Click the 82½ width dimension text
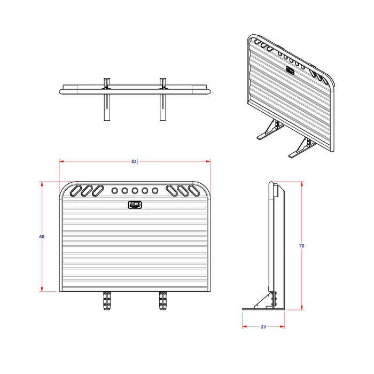(135, 161)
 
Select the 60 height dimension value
(42, 237)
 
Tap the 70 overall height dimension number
(301, 246)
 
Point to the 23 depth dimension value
(263, 326)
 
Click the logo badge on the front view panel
(135, 205)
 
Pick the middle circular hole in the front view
(135, 190)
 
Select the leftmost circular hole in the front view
(114, 190)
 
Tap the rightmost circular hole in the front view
(155, 190)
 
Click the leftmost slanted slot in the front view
(74, 190)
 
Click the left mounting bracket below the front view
(107, 301)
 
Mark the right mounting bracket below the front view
(162, 301)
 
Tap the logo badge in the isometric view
(290, 69)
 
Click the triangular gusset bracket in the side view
(266, 301)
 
